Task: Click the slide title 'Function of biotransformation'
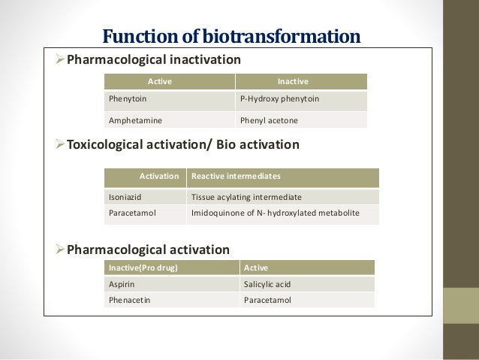[231, 35]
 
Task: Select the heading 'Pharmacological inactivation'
[154, 59]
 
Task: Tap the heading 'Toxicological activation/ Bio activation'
[183, 144]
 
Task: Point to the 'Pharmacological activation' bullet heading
[148, 250]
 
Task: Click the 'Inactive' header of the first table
[294, 81]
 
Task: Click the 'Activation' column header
[159, 177]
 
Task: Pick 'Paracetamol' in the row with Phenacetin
[267, 301]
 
